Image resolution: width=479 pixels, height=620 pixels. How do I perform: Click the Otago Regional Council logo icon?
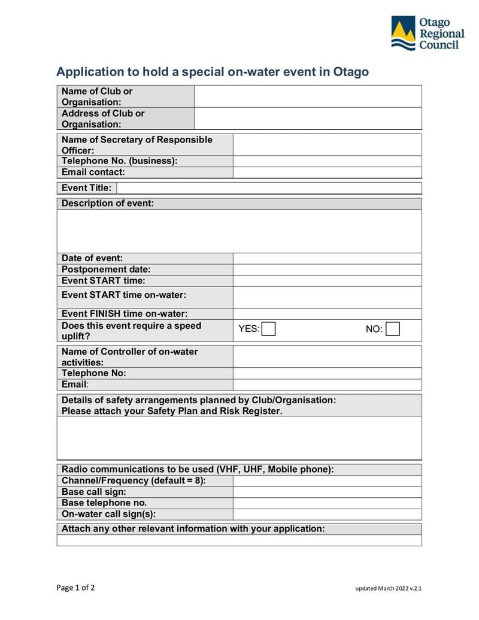click(403, 33)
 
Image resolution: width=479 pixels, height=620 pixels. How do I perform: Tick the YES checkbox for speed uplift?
click(269, 329)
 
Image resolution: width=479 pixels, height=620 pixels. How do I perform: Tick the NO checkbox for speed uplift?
click(393, 329)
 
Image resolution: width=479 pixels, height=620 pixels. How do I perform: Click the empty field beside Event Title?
click(268, 188)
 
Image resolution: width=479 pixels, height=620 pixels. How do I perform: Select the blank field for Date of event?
click(327, 259)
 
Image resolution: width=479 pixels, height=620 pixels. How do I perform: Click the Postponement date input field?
click(327, 270)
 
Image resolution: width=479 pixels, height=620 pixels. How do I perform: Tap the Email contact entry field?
click(327, 173)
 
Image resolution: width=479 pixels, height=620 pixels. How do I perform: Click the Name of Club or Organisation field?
click(308, 96)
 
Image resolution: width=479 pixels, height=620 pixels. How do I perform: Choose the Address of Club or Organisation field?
click(308, 119)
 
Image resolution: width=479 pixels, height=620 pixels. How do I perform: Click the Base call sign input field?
click(327, 492)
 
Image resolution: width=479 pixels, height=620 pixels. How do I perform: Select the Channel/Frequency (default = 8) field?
click(327, 481)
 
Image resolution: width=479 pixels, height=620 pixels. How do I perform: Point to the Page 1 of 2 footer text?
click(75, 588)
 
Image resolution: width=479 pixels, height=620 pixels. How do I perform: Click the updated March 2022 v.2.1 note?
click(388, 588)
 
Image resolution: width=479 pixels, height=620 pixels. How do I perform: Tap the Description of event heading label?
click(108, 204)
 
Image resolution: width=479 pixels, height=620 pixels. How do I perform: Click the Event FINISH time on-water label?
click(125, 314)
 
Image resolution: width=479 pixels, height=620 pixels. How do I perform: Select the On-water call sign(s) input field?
click(327, 515)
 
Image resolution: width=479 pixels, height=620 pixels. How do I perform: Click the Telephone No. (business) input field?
click(327, 161)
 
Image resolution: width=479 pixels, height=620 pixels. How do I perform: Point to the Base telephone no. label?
click(104, 503)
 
